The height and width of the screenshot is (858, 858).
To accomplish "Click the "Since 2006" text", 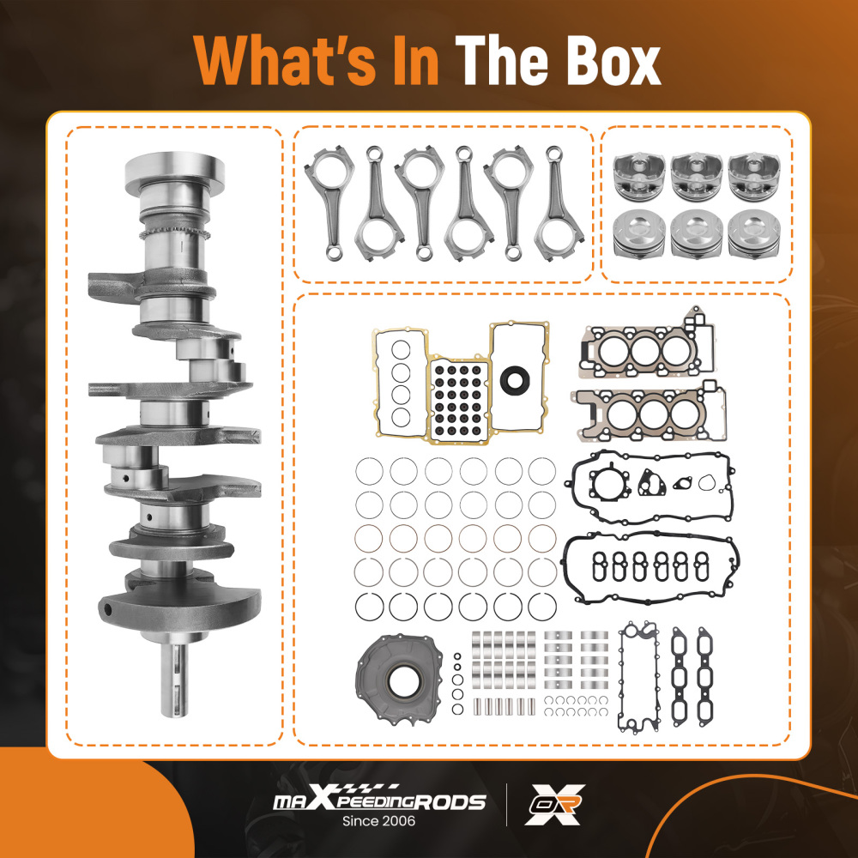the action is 378,821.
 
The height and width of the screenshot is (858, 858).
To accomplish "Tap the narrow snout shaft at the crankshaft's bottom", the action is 174,679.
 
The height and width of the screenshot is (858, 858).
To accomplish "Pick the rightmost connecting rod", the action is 559,203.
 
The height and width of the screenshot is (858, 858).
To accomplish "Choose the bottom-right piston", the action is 754,234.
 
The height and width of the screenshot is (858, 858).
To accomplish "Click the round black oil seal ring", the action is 514,380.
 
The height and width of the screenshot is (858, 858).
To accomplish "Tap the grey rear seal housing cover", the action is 399,679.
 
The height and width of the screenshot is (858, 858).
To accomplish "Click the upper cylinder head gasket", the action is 646,348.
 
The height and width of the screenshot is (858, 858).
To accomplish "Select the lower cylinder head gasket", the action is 650,414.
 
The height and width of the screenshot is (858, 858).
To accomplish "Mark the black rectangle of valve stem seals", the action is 458,400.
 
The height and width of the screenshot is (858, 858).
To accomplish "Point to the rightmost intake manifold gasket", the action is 705,676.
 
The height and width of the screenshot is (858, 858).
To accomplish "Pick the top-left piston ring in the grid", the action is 369,471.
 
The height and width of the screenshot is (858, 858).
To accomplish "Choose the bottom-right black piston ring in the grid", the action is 542,607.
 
